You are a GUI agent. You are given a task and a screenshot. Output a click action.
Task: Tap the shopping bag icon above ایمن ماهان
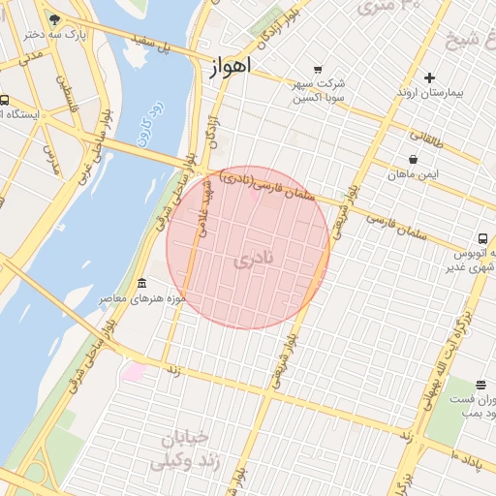click(x=414, y=160)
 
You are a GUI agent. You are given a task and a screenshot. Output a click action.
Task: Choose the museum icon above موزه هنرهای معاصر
click(x=143, y=284)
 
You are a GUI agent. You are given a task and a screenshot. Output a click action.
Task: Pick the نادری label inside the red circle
click(x=254, y=260)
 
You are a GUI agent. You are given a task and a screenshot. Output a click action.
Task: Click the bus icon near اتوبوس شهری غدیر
click(x=481, y=238)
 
